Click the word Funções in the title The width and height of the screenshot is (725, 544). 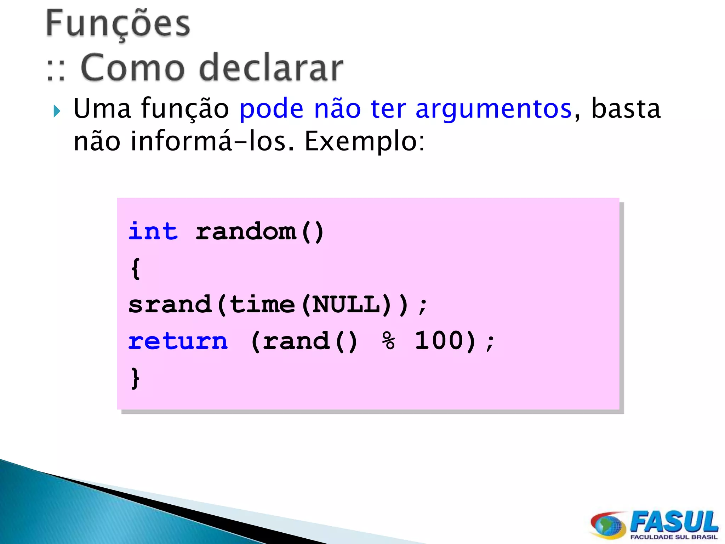tap(118, 24)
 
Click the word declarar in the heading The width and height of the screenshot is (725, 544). tap(271, 68)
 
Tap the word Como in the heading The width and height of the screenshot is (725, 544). tap(132, 68)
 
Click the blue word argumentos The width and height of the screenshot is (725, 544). tap(493, 109)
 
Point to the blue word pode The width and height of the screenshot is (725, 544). tap(271, 108)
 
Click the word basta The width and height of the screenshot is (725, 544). tap(626, 108)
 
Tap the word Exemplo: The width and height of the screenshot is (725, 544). tap(365, 141)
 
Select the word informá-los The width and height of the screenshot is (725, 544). tap(211, 141)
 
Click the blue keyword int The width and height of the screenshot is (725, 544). tap(153, 232)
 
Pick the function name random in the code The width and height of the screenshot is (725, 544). tap(246, 232)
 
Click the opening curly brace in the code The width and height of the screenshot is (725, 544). tap(136, 268)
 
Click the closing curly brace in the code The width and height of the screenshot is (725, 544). tap(136, 378)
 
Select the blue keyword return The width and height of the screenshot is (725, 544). tap(178, 341)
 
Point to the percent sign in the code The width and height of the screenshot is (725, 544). tap(388, 341)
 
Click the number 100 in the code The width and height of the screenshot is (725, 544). tap(439, 341)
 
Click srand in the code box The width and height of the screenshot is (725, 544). tap(170, 305)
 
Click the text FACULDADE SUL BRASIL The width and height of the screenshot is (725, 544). tap(674, 537)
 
